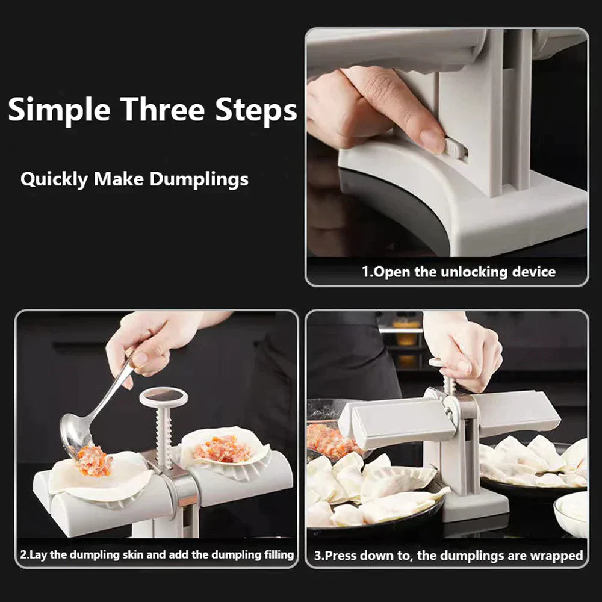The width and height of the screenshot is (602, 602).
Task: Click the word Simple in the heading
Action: click(60, 111)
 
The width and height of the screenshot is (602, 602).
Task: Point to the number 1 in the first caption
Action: click(365, 272)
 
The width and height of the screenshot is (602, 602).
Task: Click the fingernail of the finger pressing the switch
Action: click(432, 141)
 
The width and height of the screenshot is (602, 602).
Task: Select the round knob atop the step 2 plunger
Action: click(163, 397)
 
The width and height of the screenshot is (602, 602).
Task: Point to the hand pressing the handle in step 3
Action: click(467, 349)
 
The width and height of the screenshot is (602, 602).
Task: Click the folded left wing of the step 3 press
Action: click(397, 421)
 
